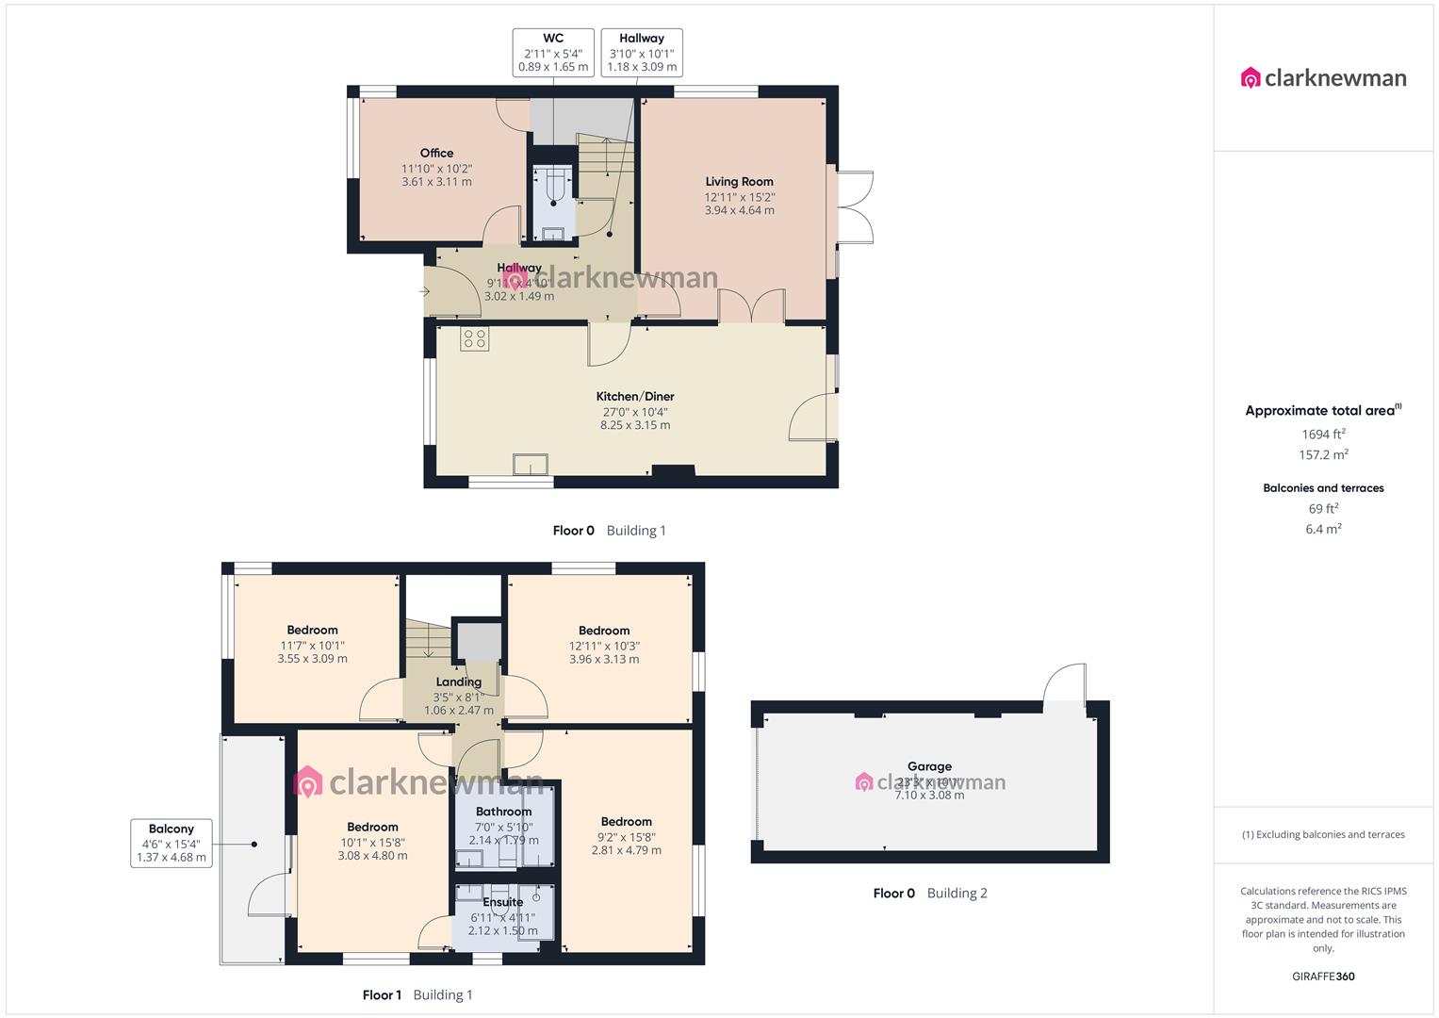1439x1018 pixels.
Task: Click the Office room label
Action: point(436,153)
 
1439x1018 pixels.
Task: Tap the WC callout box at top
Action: point(553,53)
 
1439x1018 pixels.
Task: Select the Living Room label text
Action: point(739,182)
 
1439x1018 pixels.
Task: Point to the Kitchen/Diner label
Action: point(635,397)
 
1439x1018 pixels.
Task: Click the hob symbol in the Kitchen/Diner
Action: point(475,338)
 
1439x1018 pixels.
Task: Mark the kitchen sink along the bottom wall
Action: point(531,465)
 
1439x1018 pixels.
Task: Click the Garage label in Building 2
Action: point(929,766)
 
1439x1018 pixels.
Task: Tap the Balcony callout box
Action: point(171,843)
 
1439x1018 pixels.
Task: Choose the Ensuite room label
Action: point(502,902)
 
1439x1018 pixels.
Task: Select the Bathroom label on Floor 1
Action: point(503,812)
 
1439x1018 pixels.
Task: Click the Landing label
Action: point(459,681)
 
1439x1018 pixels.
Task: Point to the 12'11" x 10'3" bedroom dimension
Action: point(604,647)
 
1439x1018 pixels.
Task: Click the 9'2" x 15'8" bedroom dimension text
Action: point(626,837)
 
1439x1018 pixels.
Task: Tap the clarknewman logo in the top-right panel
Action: point(1324,78)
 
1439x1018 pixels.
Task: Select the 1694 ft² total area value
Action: point(1323,435)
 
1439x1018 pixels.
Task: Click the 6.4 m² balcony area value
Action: point(1323,530)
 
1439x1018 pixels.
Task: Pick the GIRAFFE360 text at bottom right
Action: point(1323,977)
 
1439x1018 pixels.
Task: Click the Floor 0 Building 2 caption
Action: point(930,894)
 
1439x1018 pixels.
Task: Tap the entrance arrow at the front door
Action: point(424,291)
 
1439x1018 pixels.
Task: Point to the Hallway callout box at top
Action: point(642,53)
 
